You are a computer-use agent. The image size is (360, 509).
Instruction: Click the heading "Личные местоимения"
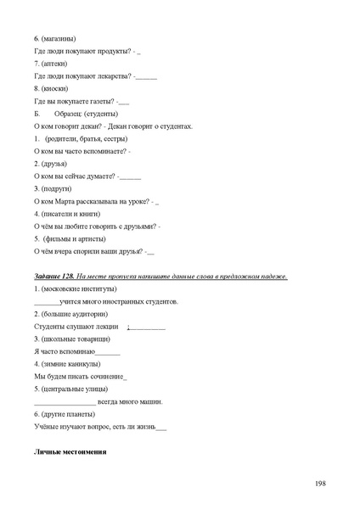[70, 453]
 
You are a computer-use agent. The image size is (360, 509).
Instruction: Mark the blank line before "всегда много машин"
[65, 402]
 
